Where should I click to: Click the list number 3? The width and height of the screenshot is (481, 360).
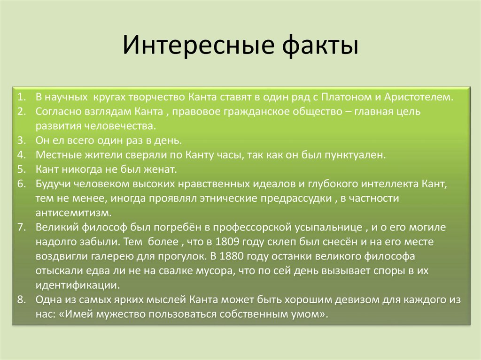pyautogui.click(x=21, y=140)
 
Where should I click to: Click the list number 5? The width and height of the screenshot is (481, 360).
pyautogui.click(x=21, y=169)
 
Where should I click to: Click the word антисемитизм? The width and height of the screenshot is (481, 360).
pyautogui.click(x=73, y=213)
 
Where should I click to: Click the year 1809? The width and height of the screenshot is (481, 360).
pyautogui.click(x=229, y=242)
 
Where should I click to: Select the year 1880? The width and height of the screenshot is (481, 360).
pyautogui.click(x=232, y=256)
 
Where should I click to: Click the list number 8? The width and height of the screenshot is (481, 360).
pyautogui.click(x=21, y=299)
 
